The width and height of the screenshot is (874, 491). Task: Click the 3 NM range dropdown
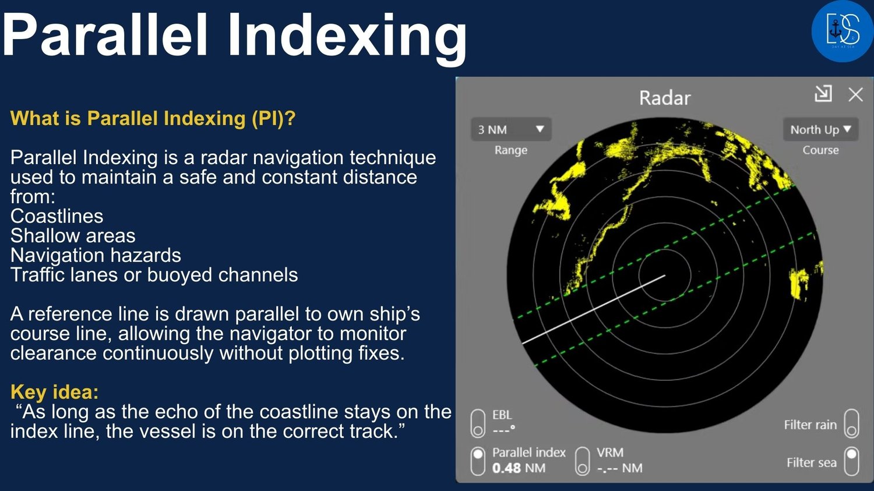pyautogui.click(x=511, y=129)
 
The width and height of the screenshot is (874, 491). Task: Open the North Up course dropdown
pyautogui.click(x=820, y=129)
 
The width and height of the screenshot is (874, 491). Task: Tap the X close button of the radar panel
pyautogui.click(x=856, y=94)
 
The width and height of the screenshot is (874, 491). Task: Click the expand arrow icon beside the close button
pyautogui.click(x=823, y=94)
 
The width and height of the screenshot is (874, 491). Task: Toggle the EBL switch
pyautogui.click(x=478, y=423)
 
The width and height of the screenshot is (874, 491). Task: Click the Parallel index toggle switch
pyautogui.click(x=478, y=461)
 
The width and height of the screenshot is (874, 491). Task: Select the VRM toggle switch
pyautogui.click(x=582, y=461)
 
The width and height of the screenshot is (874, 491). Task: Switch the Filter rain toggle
pyautogui.click(x=851, y=423)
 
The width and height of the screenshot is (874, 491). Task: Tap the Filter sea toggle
pyautogui.click(x=851, y=461)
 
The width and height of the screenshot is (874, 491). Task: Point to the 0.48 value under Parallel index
pyautogui.click(x=506, y=468)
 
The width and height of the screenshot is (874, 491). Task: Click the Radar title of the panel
pyautogui.click(x=665, y=98)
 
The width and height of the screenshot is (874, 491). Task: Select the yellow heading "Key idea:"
pyautogui.click(x=55, y=391)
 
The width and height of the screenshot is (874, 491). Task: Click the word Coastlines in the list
pyautogui.click(x=57, y=216)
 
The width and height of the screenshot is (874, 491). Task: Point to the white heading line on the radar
pyautogui.click(x=594, y=310)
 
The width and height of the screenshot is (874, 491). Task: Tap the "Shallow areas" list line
pyautogui.click(x=73, y=235)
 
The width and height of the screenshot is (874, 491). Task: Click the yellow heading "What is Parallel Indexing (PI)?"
pyautogui.click(x=153, y=118)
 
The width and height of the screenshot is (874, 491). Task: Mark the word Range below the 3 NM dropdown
pyautogui.click(x=511, y=150)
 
